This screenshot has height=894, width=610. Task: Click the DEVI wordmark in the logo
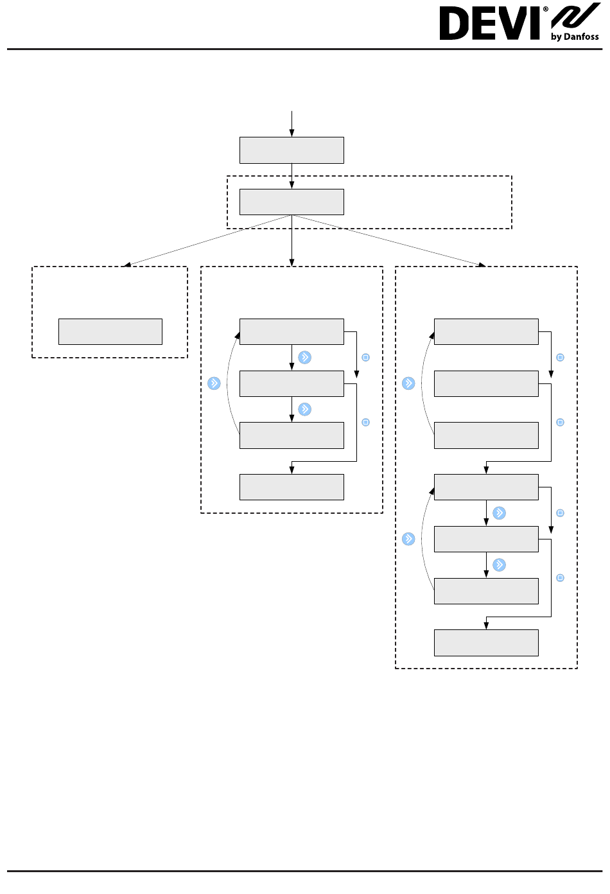pos(489,24)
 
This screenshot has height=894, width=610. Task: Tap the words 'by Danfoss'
pos(575,37)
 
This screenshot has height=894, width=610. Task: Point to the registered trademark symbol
pos(545,9)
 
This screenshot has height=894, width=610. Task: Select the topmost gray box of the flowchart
pos(292,150)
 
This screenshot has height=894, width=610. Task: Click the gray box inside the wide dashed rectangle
pos(292,202)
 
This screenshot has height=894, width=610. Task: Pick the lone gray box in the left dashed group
pos(110,331)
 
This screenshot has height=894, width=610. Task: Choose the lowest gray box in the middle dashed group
pos(292,487)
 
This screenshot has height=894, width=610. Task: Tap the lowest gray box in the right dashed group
pos(486,643)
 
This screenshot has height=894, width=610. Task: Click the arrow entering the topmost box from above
pos(292,124)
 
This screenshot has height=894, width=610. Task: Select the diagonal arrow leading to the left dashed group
pos(207,241)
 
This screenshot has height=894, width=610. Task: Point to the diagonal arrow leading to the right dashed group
pos(389,241)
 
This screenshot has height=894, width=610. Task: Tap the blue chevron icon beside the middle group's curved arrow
pos(214,383)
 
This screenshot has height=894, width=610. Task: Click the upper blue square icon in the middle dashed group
pos(365,357)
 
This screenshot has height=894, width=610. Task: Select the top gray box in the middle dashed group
pos(292,331)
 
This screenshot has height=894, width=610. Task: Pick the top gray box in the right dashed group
pos(486,331)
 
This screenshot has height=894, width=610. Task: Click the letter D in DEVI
pos(453,24)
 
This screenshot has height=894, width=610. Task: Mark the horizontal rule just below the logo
pos(305,49)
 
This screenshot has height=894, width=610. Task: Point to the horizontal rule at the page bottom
pos(305,871)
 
